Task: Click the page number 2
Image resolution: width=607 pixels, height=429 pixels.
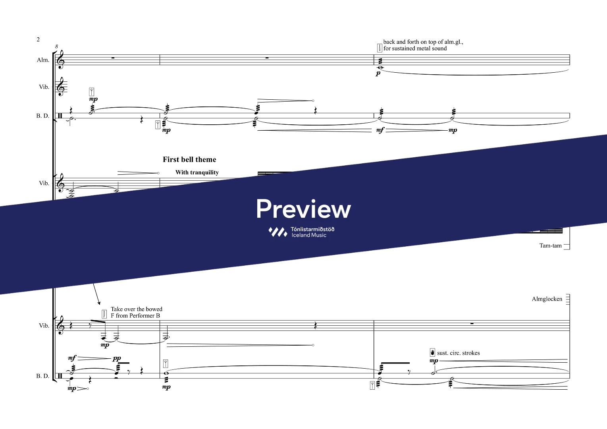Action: (38, 39)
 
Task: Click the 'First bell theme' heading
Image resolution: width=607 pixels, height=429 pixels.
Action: (189, 159)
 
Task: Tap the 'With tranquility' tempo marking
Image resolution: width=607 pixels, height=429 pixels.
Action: (197, 172)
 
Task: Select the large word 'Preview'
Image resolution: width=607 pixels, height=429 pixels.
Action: (303, 209)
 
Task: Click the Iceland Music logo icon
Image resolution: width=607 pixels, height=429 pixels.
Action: (277, 232)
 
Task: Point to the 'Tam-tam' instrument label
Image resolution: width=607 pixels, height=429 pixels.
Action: (550, 245)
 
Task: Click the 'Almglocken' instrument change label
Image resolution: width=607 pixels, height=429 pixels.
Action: (547, 299)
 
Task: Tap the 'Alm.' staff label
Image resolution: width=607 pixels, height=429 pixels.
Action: (43, 60)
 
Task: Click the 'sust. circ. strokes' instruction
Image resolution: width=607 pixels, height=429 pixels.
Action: (458, 353)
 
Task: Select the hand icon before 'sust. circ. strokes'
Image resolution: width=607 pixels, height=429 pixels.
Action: (432, 353)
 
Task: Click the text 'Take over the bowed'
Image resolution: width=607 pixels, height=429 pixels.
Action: (137, 309)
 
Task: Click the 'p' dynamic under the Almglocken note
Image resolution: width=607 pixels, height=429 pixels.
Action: (378, 73)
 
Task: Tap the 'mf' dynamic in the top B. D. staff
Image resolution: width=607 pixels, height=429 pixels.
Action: (380, 130)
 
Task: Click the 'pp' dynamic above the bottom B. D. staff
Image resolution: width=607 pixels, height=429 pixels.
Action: (117, 358)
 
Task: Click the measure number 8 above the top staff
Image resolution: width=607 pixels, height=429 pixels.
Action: (56, 46)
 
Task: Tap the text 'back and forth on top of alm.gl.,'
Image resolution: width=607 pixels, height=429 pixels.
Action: (423, 42)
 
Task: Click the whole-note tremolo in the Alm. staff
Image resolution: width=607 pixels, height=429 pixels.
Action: (380, 67)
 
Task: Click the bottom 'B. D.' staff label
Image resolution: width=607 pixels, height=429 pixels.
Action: (43, 376)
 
